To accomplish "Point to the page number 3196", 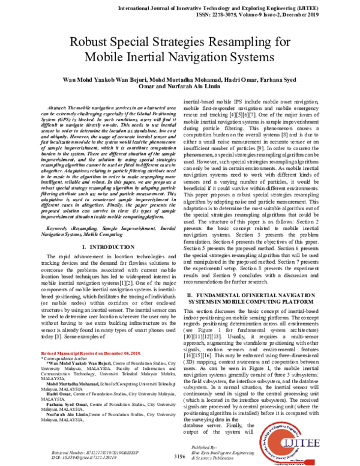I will [179, 456].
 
